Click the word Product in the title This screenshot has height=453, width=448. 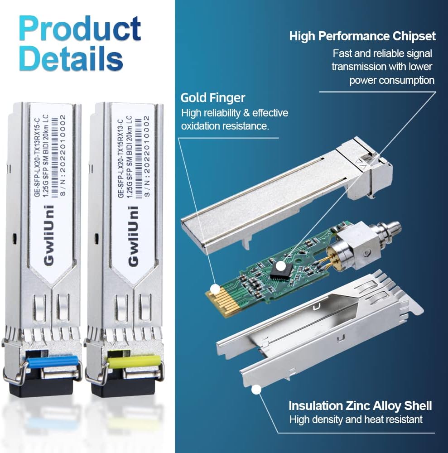(80, 28)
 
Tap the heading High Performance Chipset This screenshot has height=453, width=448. (362, 36)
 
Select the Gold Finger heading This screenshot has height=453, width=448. (213, 97)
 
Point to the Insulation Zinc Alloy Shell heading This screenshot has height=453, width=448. (360, 405)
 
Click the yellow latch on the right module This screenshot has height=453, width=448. (134, 361)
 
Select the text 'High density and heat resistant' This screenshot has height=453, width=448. (356, 419)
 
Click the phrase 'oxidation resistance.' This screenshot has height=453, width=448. (225, 126)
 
